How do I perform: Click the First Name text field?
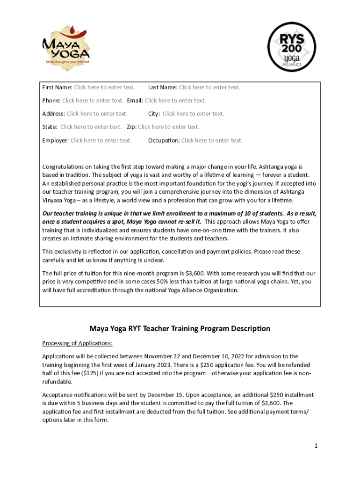[x=104, y=87]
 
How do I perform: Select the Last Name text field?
[x=209, y=87]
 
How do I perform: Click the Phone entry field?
[x=93, y=101]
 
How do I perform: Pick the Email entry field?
[x=175, y=101]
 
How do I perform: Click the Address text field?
[x=97, y=114]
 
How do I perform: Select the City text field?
[x=193, y=114]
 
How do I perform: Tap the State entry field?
[x=91, y=127]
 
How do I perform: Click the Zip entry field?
[x=168, y=127]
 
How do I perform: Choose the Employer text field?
[x=101, y=140]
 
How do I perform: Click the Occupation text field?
[x=212, y=140]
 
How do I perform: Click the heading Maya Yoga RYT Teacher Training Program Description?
[x=180, y=328]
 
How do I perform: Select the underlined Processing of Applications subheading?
[x=77, y=343]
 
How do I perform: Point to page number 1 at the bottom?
[x=316, y=446]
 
